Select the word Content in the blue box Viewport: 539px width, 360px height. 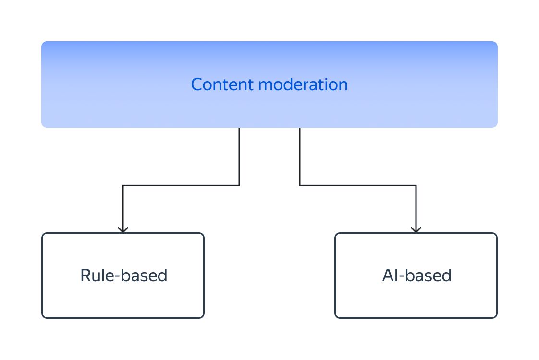pos(222,84)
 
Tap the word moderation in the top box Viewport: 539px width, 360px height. pos(303,84)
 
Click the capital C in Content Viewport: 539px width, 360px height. pos(197,84)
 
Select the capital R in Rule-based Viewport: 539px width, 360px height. pos(85,276)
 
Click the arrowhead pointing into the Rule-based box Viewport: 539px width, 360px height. pos(123,229)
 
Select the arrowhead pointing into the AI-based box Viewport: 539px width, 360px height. pos(416,229)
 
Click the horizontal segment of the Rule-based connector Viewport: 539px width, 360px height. pos(181,185)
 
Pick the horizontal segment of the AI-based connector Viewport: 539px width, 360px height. pos(358,185)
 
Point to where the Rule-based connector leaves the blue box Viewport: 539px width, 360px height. pos(239,129)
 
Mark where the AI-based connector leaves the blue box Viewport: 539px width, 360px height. pos(300,129)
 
